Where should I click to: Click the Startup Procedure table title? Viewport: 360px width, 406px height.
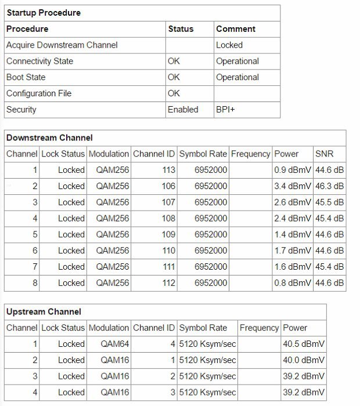(44, 12)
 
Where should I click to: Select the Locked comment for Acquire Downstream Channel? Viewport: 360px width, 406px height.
(229, 45)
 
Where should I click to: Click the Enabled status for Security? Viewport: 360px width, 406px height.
(183, 109)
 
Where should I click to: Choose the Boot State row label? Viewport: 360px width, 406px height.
(26, 77)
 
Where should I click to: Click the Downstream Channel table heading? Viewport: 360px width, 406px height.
(49, 138)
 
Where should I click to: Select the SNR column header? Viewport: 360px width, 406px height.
(325, 154)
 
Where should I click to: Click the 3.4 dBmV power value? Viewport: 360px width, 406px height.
(293, 186)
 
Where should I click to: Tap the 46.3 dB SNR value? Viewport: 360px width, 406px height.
(329, 186)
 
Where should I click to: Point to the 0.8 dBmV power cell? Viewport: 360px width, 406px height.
(293, 283)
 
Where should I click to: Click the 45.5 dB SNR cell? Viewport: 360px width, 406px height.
(329, 202)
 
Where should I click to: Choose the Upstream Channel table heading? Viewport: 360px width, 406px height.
(44, 311)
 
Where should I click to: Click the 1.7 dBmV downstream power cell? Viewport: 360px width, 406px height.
(293, 251)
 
